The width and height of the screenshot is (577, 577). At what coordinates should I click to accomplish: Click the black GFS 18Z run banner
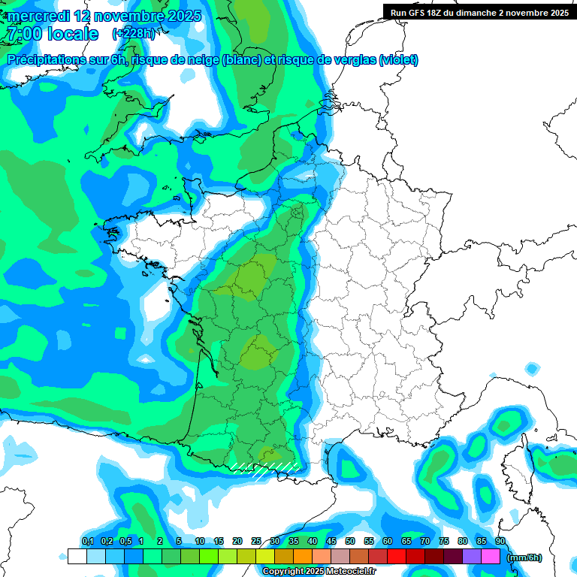coord(479,12)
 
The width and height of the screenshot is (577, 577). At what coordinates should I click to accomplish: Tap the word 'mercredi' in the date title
coord(38,16)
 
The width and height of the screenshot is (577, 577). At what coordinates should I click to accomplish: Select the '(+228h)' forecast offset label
coord(134,34)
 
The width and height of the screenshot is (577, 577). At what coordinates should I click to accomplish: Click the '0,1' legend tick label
coord(87,542)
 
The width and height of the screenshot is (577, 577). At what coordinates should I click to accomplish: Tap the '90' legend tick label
coord(500,542)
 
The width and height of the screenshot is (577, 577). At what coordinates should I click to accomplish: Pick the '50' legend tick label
coord(350,542)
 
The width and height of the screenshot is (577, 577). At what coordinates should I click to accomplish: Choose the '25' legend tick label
coord(256,542)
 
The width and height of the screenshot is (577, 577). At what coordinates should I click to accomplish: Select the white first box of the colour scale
coord(77,556)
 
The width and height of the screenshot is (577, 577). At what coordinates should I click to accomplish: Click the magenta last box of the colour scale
coord(491,556)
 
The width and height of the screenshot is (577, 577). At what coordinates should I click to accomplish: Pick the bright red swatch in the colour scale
coord(397,556)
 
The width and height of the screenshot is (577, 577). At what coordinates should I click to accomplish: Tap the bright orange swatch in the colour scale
coord(302,556)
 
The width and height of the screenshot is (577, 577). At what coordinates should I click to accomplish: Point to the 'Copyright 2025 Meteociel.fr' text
coord(319,571)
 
